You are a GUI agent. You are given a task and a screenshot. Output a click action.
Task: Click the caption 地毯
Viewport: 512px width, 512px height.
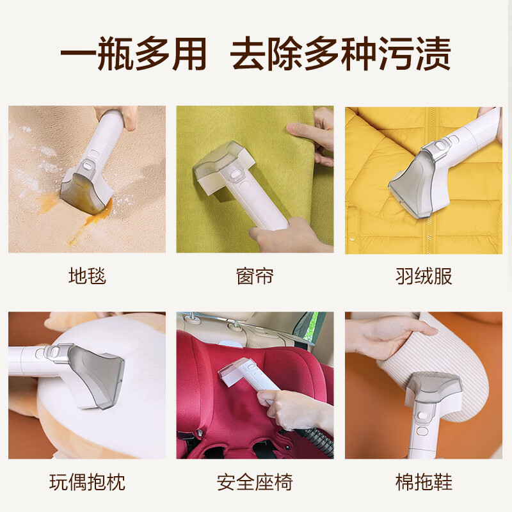[x=87, y=276]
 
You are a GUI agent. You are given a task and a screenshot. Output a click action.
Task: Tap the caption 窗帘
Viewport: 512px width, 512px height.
[x=255, y=276]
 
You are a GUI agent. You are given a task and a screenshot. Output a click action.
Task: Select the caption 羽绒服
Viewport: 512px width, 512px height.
[x=424, y=276]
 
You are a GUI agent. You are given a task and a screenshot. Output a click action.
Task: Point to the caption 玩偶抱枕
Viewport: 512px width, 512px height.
[x=87, y=482]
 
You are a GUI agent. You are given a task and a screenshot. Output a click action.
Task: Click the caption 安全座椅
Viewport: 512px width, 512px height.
[x=255, y=482]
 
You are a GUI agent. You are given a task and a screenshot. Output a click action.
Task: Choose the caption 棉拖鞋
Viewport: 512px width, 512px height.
[x=424, y=482]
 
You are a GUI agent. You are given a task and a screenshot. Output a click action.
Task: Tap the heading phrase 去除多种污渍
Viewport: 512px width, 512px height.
[x=340, y=54]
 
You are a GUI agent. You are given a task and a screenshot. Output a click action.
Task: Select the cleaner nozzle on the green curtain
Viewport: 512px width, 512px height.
[x=221, y=170]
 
